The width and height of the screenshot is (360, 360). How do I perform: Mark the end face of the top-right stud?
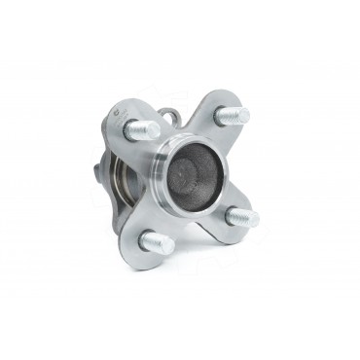coord(242,115)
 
